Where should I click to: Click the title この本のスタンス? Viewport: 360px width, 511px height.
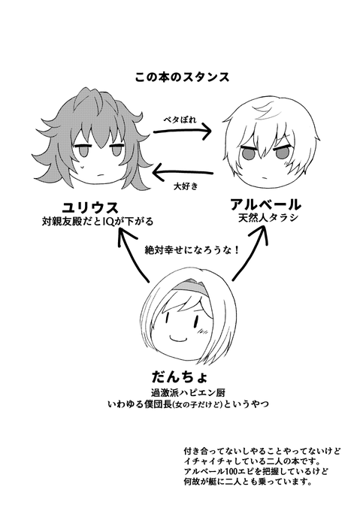click(183, 77)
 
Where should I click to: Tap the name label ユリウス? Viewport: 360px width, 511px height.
click(90, 207)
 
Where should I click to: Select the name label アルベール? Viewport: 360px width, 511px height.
click(265, 204)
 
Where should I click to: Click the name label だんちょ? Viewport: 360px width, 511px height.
click(180, 376)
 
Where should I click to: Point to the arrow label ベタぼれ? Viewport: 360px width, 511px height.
click(180, 119)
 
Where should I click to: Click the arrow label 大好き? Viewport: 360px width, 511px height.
click(186, 186)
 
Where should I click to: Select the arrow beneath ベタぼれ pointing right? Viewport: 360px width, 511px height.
click(182, 131)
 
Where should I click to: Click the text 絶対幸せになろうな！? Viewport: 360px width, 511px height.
click(192, 250)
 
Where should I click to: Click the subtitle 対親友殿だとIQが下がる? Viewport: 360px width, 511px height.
click(98, 222)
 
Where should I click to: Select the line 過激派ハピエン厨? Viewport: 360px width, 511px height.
click(188, 392)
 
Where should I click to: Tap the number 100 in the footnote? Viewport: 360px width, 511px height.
click(229, 471)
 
